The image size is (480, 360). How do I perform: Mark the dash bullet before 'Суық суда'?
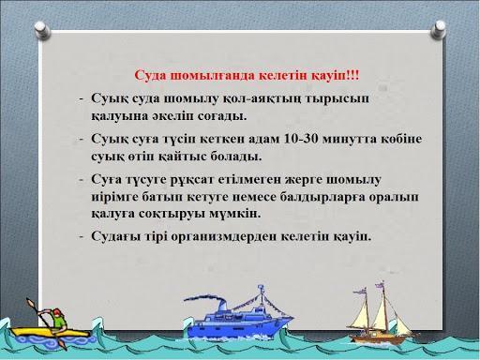82,97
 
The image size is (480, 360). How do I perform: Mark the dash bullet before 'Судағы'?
82,235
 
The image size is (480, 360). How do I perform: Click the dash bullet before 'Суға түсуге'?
82,177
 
